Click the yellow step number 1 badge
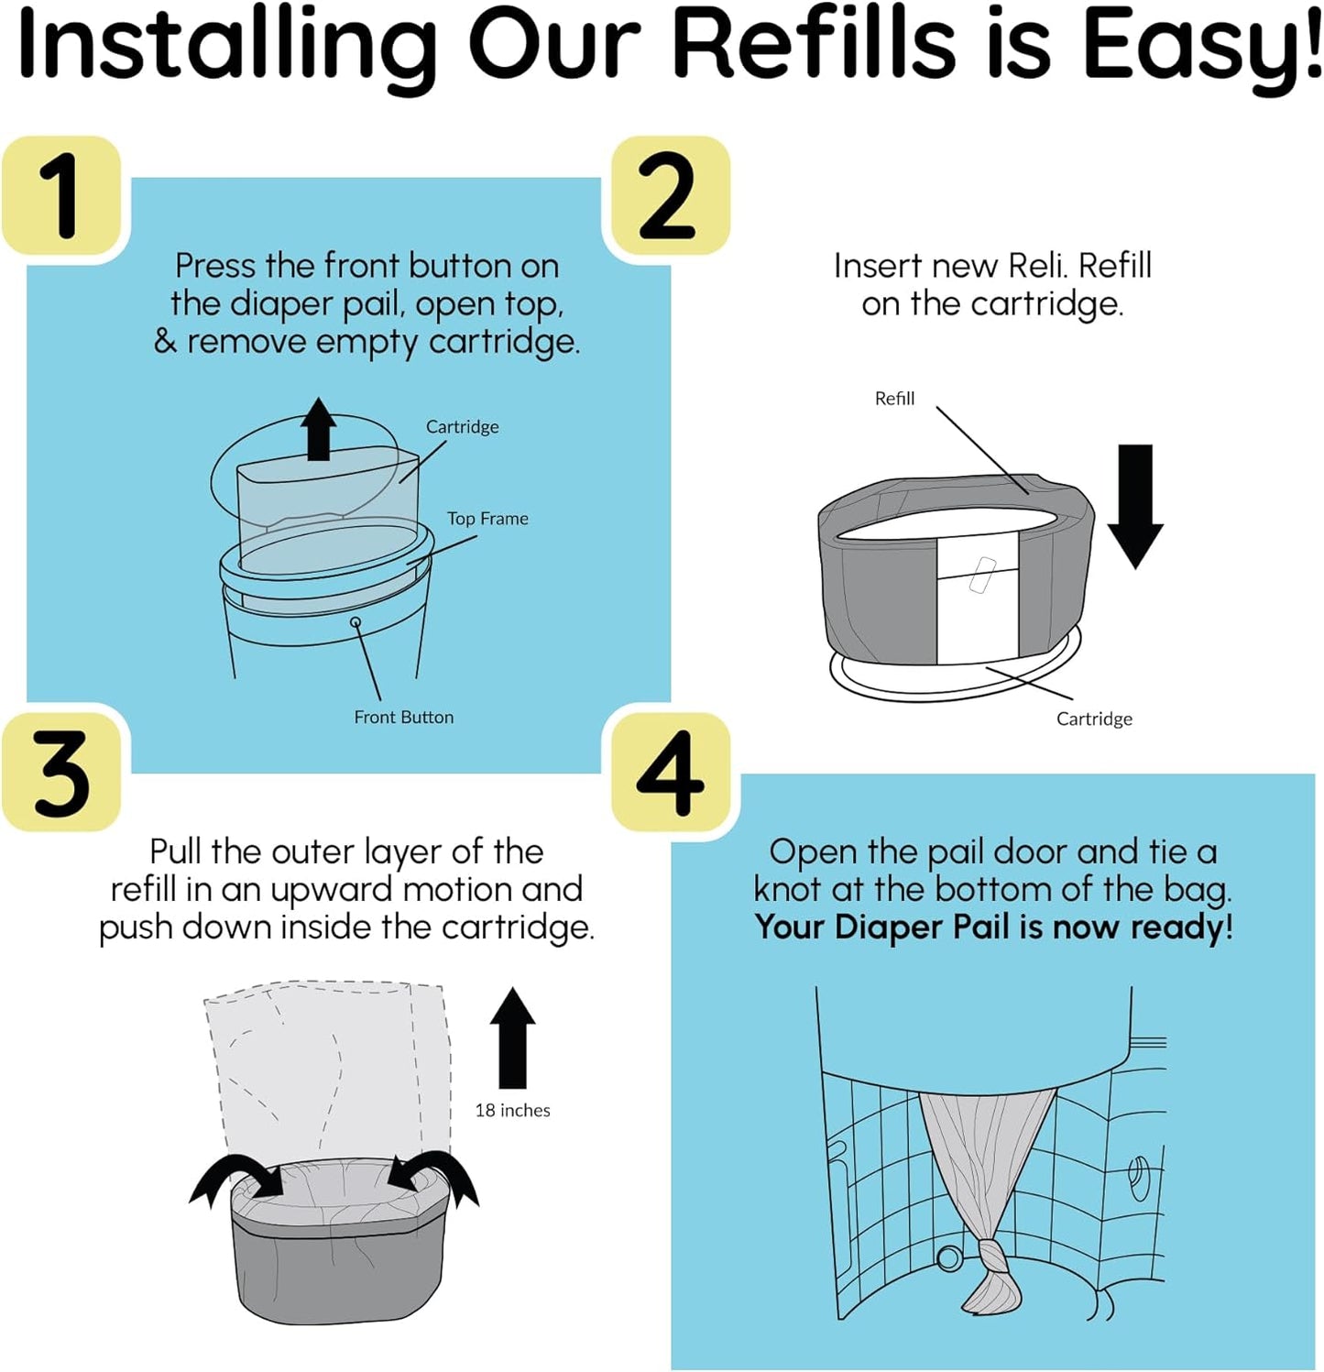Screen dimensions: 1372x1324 tap(61, 195)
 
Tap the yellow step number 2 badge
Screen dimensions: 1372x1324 tap(670, 195)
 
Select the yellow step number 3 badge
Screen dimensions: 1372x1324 tap(61, 773)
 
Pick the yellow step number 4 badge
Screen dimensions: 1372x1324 tap(670, 773)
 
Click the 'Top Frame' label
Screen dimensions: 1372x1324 tap(487, 519)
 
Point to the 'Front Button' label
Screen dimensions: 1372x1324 tap(403, 718)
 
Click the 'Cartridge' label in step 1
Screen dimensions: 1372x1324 tap(462, 427)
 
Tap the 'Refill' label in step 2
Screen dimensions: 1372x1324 tap(894, 399)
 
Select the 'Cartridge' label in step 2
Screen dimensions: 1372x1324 tap(1094, 719)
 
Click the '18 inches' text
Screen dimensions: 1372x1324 tap(512, 1111)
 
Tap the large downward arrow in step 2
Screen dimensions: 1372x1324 tap(1135, 505)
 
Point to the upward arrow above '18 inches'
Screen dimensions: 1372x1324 tap(512, 1037)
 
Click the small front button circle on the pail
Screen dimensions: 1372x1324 tap(356, 622)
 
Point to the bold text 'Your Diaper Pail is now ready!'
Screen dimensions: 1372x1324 tap(993, 927)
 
